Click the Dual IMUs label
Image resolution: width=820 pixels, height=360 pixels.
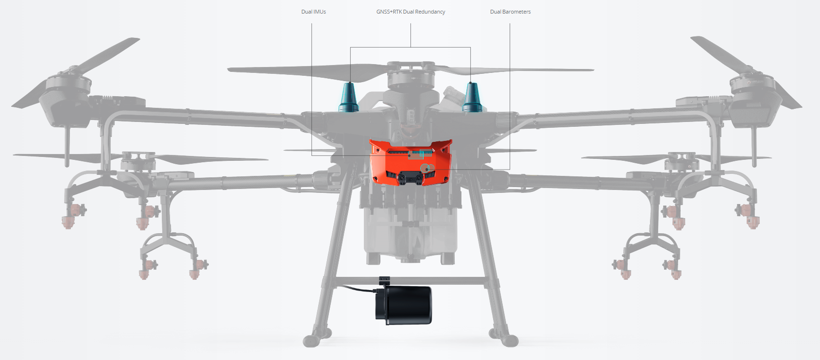(x=313, y=12)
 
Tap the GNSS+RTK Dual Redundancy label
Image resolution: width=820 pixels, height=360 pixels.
(x=410, y=12)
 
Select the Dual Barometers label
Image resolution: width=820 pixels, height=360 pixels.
(x=510, y=12)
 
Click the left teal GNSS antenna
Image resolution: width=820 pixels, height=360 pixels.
(x=348, y=97)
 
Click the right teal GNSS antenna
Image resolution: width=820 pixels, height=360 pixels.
(x=472, y=97)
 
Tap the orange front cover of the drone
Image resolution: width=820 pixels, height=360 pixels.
(x=410, y=162)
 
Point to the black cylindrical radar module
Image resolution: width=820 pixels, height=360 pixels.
(x=404, y=305)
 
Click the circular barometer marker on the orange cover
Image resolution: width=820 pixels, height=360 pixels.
(x=427, y=169)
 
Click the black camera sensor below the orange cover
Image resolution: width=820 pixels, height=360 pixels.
(x=410, y=178)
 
